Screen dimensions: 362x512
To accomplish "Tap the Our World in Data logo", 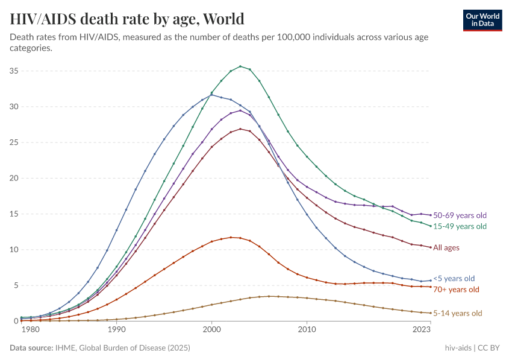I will (482, 19).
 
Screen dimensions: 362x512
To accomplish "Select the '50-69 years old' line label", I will (460, 215).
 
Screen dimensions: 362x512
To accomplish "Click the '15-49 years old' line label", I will (460, 226).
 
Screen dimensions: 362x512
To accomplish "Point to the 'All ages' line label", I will (446, 248).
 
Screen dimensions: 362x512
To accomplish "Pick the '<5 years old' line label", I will (454, 279).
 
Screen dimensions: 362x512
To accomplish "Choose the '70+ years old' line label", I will (456, 290).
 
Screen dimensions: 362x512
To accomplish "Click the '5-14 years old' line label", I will (458, 313).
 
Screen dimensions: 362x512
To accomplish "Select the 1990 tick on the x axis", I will (116, 329).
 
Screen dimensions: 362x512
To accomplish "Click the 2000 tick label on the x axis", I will (211, 329).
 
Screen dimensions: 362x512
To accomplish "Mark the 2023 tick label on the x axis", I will (422, 329).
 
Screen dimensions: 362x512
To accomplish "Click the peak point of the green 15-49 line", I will (240, 66).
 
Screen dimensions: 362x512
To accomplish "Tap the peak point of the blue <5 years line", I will (211, 95).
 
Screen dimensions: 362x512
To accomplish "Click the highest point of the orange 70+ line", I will (231, 237).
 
